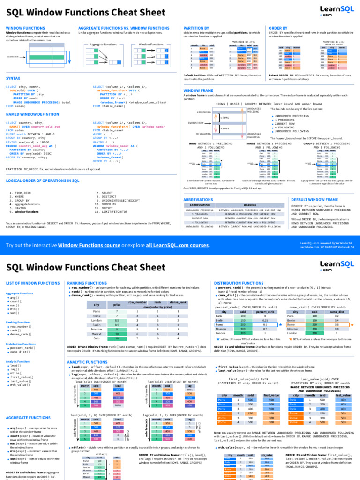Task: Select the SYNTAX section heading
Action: (13, 78)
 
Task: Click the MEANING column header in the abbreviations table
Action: (250, 205)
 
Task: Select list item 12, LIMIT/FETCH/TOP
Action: (114, 212)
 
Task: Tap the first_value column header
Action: (271, 395)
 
